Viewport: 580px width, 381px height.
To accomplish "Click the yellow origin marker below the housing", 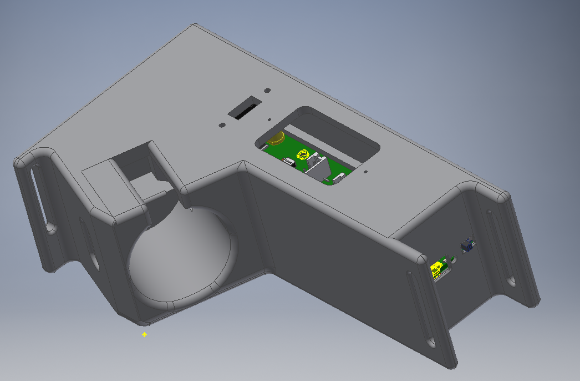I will tap(145, 334).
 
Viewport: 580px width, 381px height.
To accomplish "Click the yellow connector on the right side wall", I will tap(438, 269).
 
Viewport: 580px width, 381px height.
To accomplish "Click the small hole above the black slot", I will tap(267, 89).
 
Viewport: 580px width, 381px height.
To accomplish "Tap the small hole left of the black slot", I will tap(221, 126).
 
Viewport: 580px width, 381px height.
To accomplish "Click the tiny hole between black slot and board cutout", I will tap(268, 119).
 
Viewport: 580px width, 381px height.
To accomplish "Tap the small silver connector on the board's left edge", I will tap(288, 162).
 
